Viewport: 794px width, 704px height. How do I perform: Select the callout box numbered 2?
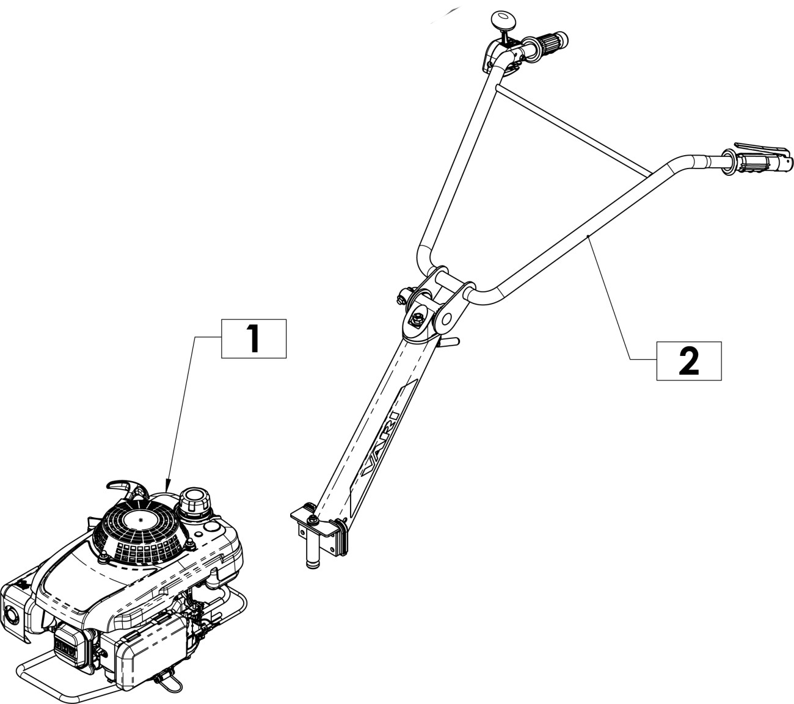pos(688,361)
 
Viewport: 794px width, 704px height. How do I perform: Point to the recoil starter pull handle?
pos(128,488)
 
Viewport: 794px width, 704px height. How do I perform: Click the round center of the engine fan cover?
pos(142,520)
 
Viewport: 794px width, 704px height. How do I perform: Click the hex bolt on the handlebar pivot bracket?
pos(418,318)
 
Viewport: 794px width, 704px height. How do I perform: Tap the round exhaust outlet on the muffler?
pos(11,615)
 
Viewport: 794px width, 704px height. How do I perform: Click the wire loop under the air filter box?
pos(167,678)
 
